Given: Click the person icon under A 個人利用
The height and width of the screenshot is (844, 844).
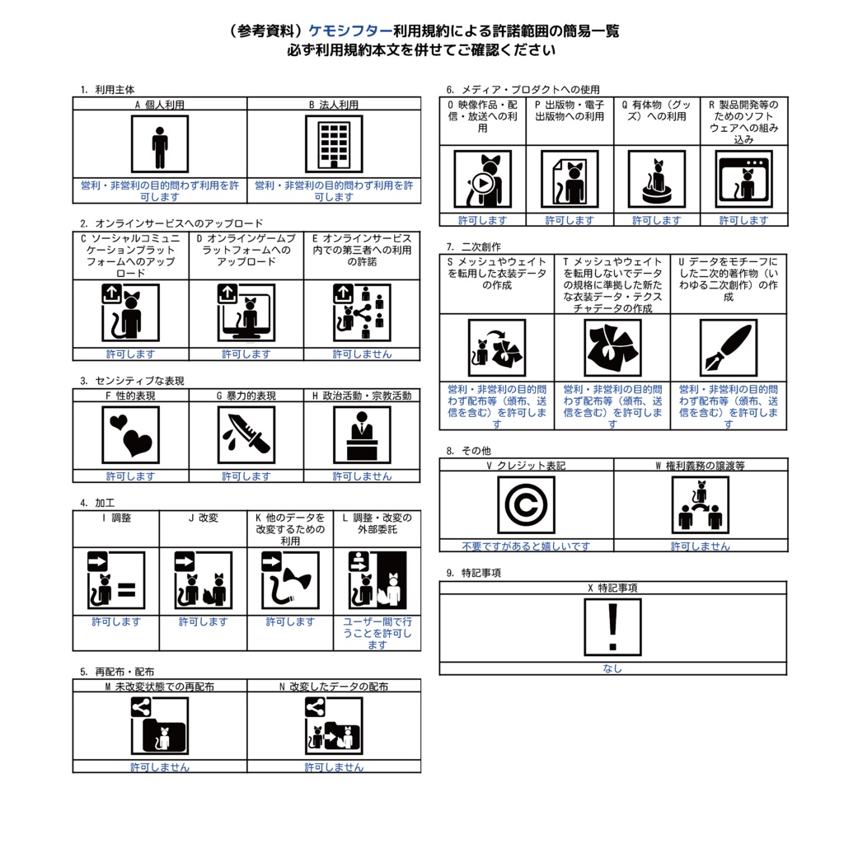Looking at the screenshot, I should (x=159, y=144).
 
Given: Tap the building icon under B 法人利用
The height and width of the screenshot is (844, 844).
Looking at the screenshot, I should (x=334, y=144).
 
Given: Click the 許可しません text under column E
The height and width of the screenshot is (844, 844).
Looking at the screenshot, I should (x=362, y=354).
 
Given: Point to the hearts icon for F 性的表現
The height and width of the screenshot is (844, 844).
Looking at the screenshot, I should (x=130, y=434).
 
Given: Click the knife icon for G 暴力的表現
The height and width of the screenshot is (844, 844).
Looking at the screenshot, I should (x=246, y=434).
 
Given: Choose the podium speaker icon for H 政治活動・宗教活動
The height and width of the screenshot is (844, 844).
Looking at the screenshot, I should (x=362, y=434).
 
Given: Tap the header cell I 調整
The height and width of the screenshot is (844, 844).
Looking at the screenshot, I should (x=115, y=518).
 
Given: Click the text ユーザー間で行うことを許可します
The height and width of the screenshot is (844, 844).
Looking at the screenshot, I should (x=377, y=633).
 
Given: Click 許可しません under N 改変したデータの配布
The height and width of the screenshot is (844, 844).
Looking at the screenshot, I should (x=334, y=767).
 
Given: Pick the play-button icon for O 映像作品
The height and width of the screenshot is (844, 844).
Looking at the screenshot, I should (x=482, y=179).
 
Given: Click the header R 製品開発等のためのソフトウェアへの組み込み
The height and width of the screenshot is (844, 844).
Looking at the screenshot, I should (x=743, y=122).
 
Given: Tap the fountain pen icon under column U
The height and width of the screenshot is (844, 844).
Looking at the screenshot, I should (x=728, y=347).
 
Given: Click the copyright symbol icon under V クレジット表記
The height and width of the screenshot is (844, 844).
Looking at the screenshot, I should (x=526, y=504).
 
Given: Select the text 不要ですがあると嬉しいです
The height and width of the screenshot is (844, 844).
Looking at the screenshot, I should (x=526, y=546).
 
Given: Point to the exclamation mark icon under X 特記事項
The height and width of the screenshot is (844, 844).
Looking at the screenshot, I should (x=612, y=626).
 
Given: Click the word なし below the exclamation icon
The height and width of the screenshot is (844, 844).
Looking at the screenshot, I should (x=612, y=668).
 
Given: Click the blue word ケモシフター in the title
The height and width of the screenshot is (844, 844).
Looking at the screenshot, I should (x=350, y=31).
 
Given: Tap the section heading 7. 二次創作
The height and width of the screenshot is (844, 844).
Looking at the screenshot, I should (x=473, y=246).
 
